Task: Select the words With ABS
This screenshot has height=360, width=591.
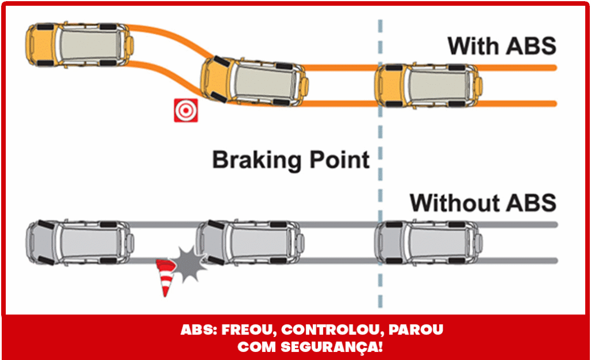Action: pyautogui.click(x=502, y=46)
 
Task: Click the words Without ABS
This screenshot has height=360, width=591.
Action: pyautogui.click(x=482, y=202)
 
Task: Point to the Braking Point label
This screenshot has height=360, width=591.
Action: pyautogui.click(x=290, y=159)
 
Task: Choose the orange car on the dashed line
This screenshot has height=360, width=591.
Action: pyautogui.click(x=428, y=86)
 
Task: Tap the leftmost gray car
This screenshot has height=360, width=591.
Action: pyautogui.click(x=80, y=241)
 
